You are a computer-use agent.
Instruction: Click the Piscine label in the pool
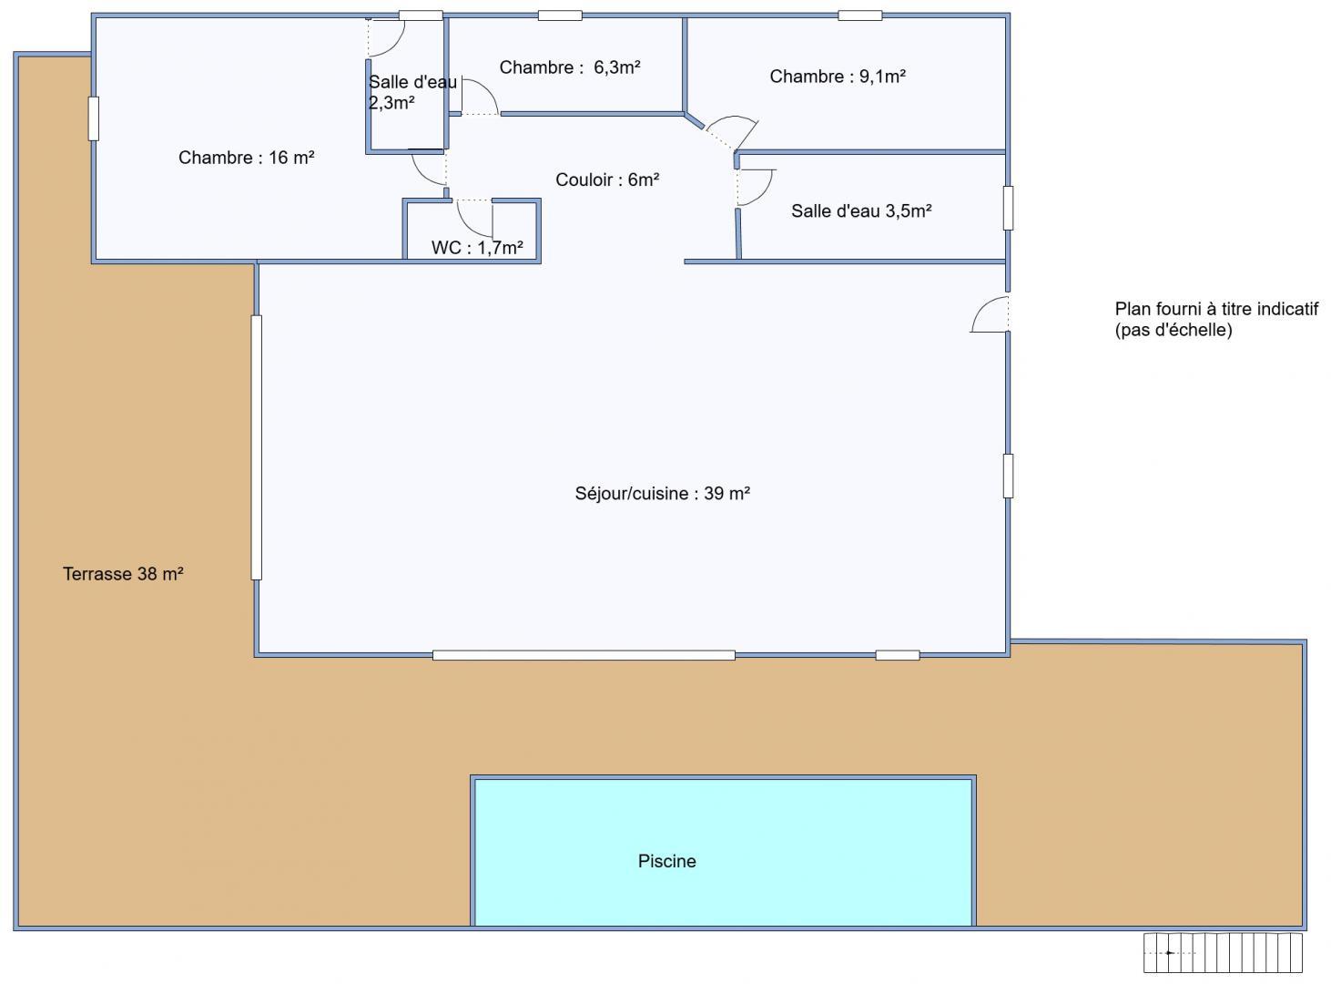point(666,861)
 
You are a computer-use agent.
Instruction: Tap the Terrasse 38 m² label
point(123,574)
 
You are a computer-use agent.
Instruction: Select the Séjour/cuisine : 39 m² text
point(663,493)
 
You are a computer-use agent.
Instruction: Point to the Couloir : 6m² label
point(607,179)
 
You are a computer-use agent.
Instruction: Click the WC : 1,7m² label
point(477,248)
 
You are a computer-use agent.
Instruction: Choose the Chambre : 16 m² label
point(247,158)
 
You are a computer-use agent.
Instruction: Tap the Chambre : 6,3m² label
point(570,67)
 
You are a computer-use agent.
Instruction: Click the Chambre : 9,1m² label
point(838,77)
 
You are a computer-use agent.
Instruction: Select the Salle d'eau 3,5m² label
point(861,210)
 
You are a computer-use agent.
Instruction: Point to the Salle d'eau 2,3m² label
point(412,93)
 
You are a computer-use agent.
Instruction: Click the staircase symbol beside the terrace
point(1223,953)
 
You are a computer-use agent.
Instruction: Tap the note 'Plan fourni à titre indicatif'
point(1216,309)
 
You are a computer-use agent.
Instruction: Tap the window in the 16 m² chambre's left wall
point(94,119)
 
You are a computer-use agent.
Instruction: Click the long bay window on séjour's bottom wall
point(584,655)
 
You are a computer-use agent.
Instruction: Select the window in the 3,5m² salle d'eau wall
point(1008,208)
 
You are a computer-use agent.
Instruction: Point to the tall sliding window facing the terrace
point(256,447)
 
